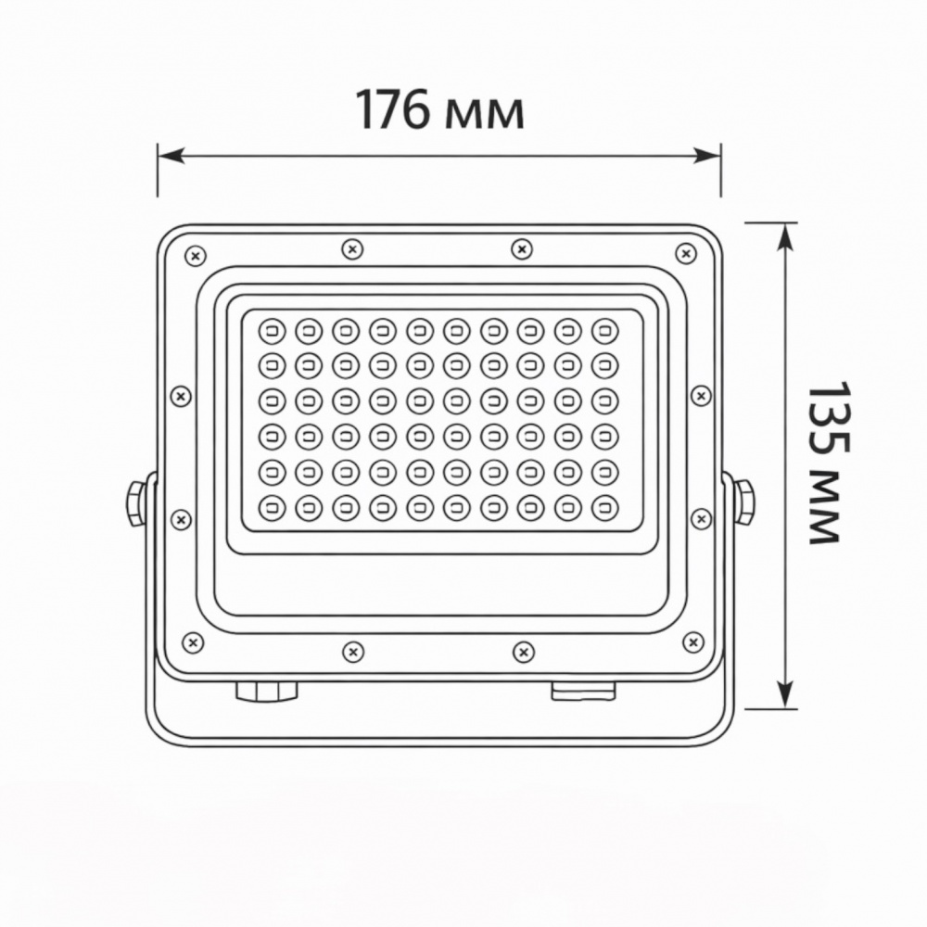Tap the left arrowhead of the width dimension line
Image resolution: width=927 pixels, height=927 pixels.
tap(167, 155)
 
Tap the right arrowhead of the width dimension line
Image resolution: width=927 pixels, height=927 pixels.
tap(711, 155)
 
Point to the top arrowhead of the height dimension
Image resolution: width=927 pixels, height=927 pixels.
tap(785, 234)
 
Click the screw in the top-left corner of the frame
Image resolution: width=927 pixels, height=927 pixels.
tap(194, 255)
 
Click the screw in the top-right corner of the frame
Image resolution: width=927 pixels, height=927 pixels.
tap(685, 253)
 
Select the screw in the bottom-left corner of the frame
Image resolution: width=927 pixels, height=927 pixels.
tap(193, 641)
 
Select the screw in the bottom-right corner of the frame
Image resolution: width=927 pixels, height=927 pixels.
tap(692, 641)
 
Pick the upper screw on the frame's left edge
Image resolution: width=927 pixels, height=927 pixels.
tap(182, 396)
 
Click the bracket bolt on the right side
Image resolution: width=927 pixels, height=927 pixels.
tap(743, 501)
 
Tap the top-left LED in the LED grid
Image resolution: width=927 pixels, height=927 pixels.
tap(271, 330)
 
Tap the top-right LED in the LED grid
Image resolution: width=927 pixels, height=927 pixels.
tap(604, 330)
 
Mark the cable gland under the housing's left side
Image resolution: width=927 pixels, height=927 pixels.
tap(266, 691)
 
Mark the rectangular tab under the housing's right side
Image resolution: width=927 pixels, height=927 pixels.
tap(583, 692)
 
